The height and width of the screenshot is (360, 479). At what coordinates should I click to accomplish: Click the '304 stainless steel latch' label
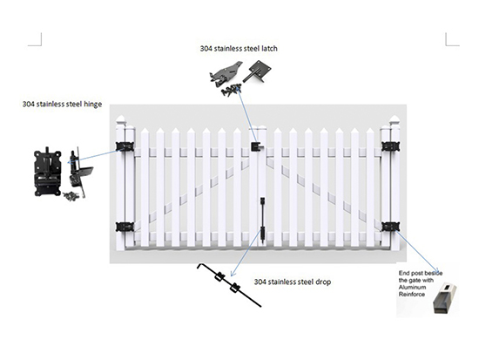pos(239,48)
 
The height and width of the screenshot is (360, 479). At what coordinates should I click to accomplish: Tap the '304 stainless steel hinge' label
pos(62,104)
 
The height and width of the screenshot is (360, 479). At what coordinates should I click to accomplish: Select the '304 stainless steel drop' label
pos(293,282)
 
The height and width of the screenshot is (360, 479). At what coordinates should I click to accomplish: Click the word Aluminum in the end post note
pos(412,287)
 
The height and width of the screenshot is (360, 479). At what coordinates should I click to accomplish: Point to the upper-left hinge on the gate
pos(125,146)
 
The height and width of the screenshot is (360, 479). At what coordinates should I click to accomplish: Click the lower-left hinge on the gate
pos(125,227)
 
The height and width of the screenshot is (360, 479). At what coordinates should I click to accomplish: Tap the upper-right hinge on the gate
pos(391,146)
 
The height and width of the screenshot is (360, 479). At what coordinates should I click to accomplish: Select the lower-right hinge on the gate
pos(391,227)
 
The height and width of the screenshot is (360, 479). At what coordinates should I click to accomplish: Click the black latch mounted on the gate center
pos(257,146)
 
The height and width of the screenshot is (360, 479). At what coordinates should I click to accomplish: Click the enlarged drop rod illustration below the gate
pos(229,284)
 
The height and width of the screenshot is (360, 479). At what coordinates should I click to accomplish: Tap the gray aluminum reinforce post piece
pos(444,298)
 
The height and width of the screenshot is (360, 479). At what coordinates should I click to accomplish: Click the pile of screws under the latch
pos(231,90)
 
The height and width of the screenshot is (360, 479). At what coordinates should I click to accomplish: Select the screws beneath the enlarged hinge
pos(71,196)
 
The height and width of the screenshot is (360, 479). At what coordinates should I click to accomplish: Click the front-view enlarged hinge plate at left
pos(48,172)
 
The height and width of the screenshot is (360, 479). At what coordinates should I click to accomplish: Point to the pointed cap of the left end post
pos(121,120)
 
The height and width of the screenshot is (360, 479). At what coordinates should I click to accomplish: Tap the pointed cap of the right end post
pos(395,120)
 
